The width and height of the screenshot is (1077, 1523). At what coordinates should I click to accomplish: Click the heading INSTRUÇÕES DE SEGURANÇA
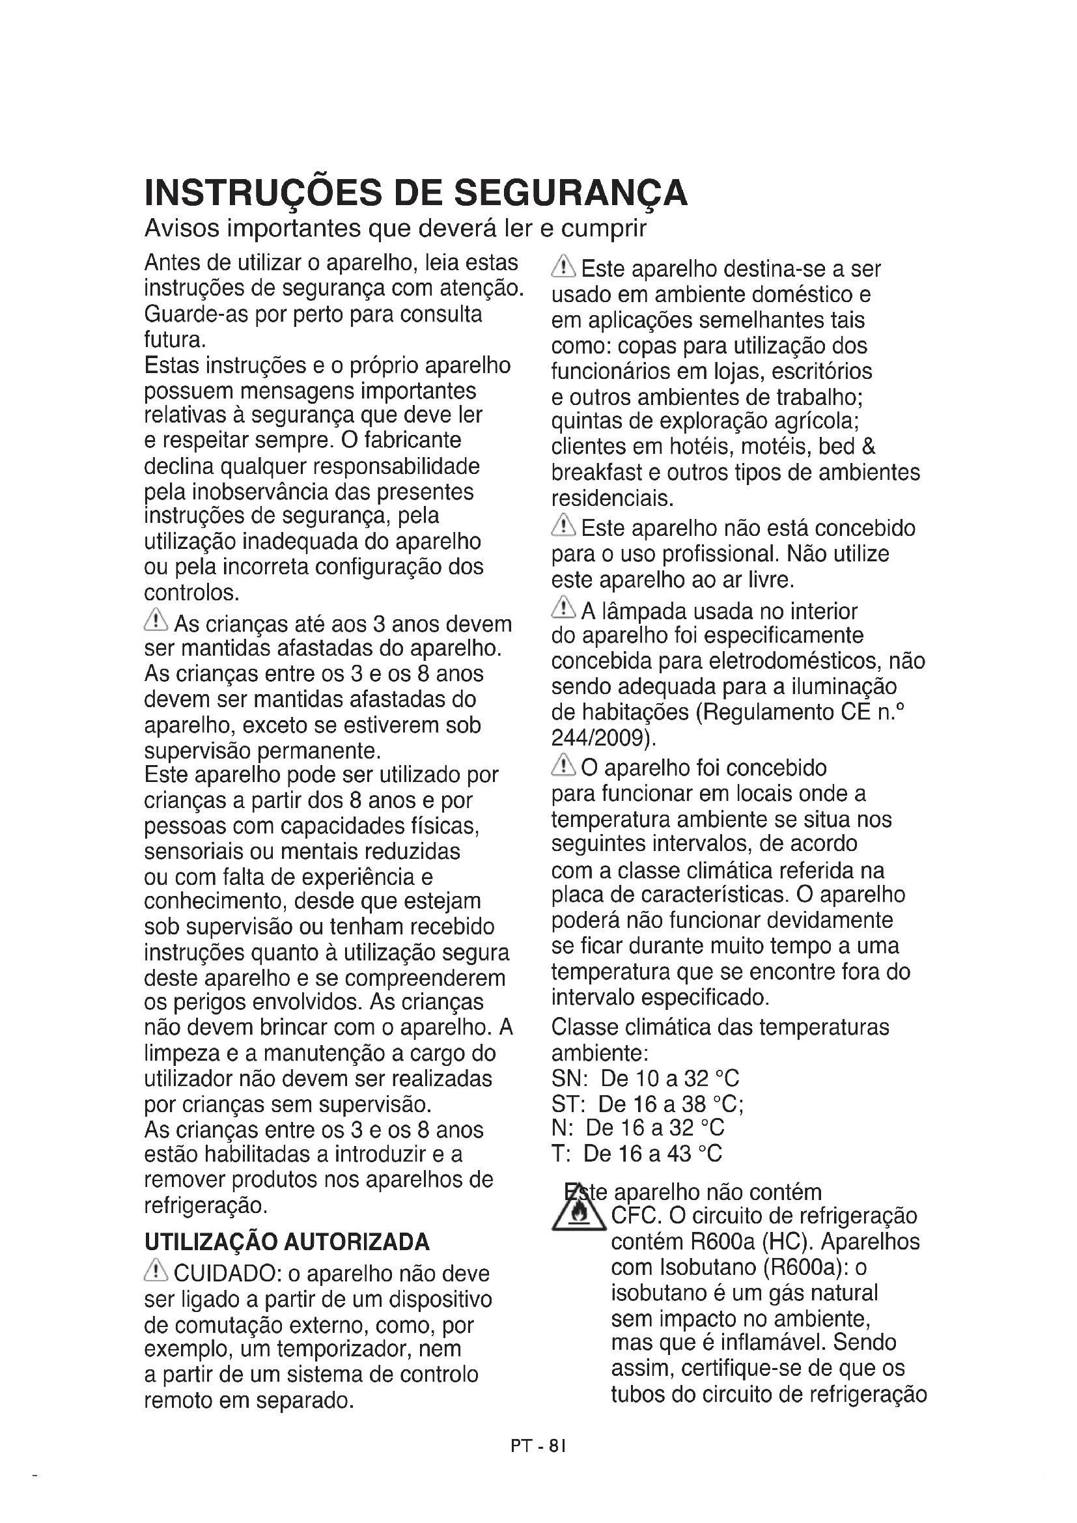click(x=416, y=193)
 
